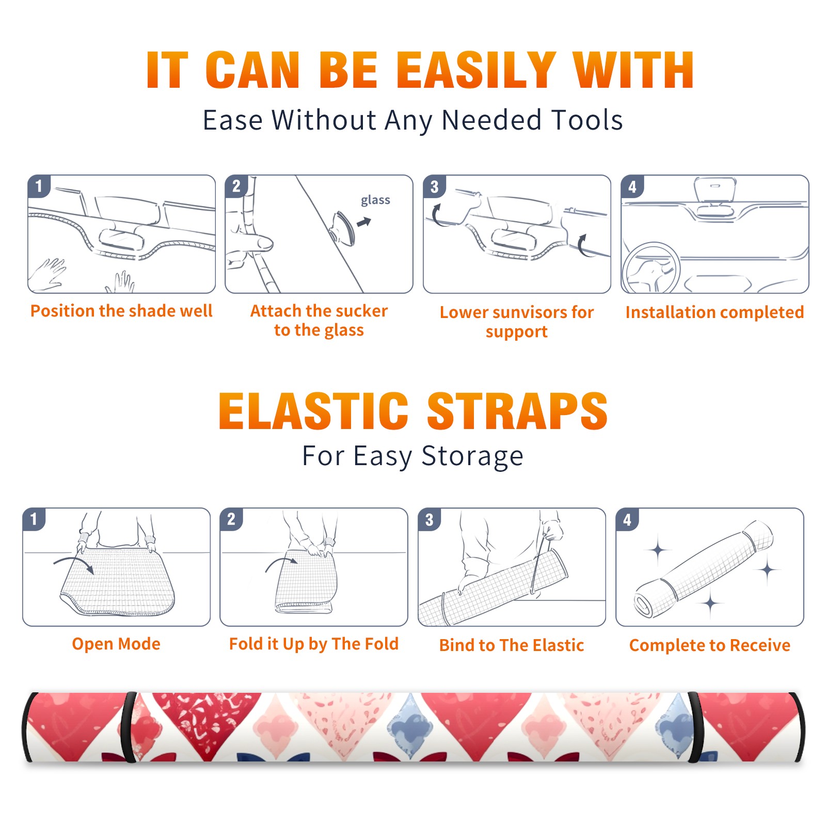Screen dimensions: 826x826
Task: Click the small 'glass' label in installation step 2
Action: tap(375, 200)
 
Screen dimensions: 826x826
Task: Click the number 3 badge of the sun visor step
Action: tap(434, 186)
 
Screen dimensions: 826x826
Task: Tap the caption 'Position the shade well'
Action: tap(121, 311)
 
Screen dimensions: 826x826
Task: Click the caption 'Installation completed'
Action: tap(714, 312)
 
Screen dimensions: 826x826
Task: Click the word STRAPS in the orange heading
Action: tap(517, 411)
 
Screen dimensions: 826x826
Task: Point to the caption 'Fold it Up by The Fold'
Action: tap(314, 644)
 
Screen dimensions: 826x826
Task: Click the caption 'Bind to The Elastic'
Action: tap(512, 645)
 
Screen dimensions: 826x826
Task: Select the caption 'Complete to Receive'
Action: tap(710, 645)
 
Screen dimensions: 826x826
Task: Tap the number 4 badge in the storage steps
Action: tap(627, 519)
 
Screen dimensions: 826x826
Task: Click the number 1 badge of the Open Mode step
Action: tap(34, 519)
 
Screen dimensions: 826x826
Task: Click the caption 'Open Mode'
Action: tap(116, 644)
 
